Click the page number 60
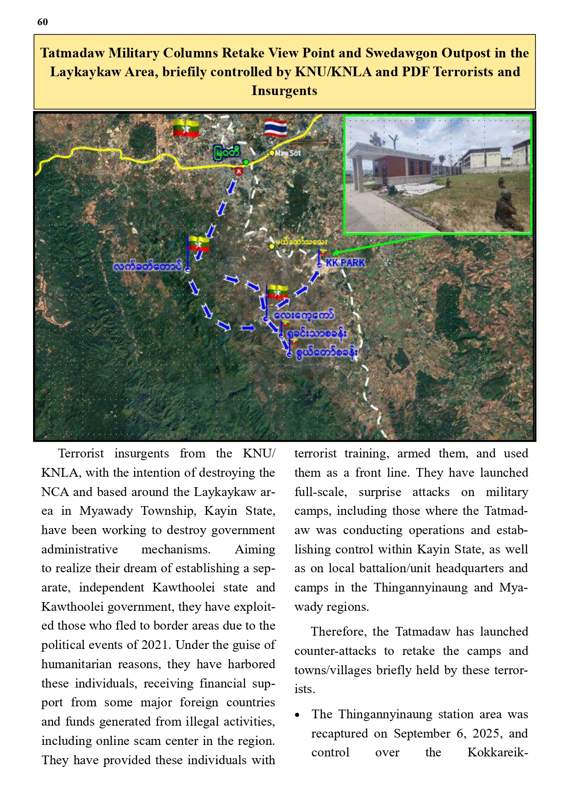pos(42,22)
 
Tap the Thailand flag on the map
pos(276,129)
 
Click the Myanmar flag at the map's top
pos(186,128)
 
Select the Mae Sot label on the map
pos(288,153)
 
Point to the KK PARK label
pos(345,263)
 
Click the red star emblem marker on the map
pos(238,171)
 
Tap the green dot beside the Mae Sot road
pos(246,162)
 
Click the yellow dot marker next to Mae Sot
pos(272,153)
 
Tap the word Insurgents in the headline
pos(284,90)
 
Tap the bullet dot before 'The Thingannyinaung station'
pos(298,715)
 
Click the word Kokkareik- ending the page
pos(497,752)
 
